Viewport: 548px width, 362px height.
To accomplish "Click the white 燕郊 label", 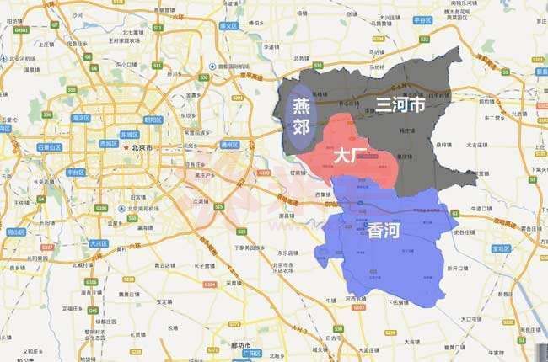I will (x=301, y=118).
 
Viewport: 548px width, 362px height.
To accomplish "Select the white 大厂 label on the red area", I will (x=349, y=156).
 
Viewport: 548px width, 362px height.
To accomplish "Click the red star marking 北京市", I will (x=126, y=147).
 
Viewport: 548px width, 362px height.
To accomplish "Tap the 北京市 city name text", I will (x=141, y=147).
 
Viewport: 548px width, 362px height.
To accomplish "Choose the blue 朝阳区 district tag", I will (x=153, y=120).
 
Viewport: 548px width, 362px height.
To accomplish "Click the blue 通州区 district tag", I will (x=230, y=145).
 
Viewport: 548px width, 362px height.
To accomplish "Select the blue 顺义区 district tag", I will (x=229, y=26).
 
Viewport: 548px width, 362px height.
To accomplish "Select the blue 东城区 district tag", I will (x=128, y=134).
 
